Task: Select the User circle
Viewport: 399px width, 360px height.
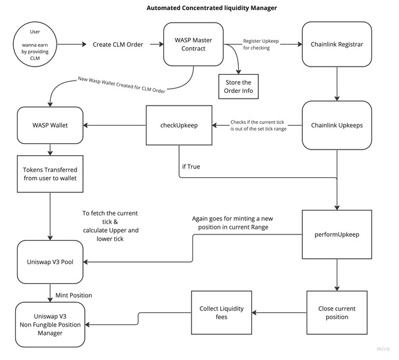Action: click(x=40, y=45)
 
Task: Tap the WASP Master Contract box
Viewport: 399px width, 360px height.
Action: click(x=190, y=45)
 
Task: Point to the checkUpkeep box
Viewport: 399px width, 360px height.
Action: click(x=179, y=125)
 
